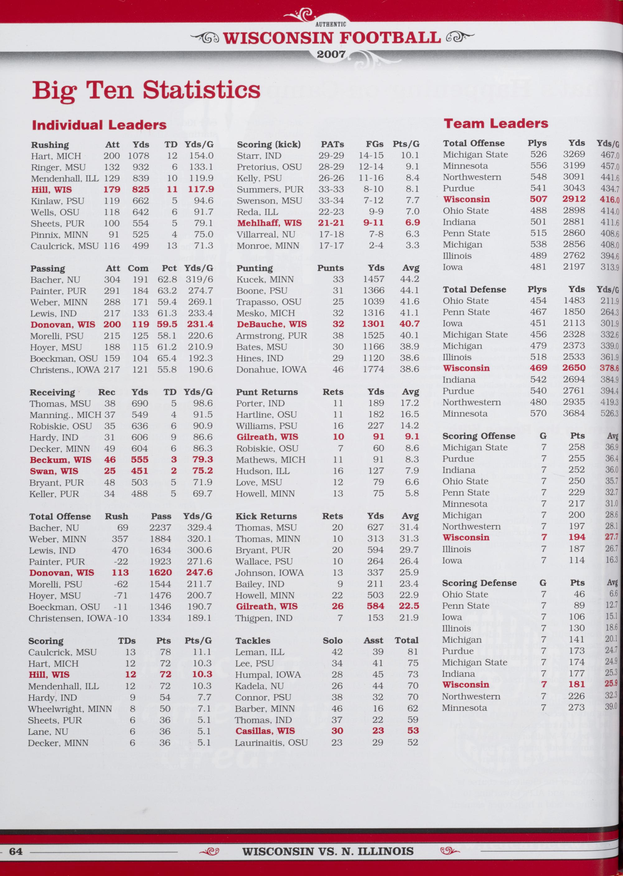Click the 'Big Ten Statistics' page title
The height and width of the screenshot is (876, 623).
[x=146, y=91]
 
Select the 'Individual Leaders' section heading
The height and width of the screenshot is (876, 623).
[x=99, y=125]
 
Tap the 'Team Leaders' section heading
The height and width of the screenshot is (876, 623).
[x=496, y=123]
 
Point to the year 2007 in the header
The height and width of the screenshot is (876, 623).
[x=331, y=54]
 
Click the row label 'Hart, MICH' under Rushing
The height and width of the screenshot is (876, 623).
[x=56, y=156]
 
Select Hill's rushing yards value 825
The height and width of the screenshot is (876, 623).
[x=140, y=189]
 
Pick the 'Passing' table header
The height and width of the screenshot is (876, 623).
[x=48, y=268]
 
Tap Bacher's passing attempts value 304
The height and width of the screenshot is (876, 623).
[x=112, y=280]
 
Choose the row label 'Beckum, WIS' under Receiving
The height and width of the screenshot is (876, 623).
[x=61, y=460]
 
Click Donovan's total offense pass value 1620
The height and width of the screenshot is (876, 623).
[x=160, y=573]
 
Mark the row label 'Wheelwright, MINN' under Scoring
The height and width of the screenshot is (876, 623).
[x=70, y=709]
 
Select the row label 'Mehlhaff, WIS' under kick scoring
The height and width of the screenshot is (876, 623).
[x=269, y=223]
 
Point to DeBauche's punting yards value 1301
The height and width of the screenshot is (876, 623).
[x=373, y=324]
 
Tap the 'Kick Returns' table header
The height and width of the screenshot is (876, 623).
[x=266, y=516]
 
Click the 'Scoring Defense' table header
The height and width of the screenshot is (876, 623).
[x=479, y=583]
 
